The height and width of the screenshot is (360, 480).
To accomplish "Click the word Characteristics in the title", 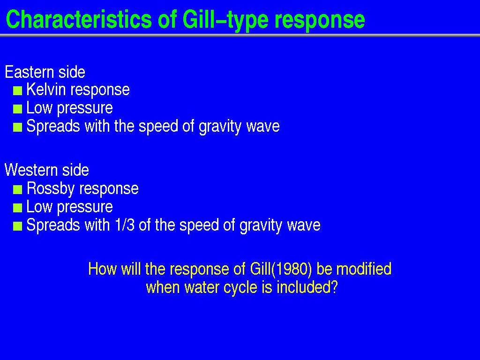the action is point(79,19).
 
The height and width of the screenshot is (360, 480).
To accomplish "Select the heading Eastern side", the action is point(45,72).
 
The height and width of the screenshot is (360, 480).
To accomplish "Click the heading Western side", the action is point(47,170).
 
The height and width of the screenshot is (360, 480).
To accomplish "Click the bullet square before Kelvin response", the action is point(17,91).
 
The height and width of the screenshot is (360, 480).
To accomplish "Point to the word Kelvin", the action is point(46,90).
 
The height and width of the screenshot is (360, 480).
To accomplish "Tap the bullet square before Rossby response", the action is point(17,190).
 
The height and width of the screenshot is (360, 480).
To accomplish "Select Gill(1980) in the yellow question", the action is point(281,269).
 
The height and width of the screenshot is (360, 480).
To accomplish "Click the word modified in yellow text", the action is point(364,269).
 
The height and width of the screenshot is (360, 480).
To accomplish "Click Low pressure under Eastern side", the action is point(69,108).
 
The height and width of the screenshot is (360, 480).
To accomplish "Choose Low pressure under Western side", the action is point(69,207).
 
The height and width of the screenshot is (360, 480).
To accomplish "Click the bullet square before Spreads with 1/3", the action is point(17,226).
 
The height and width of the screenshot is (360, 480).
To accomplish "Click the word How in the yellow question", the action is point(102,269).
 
